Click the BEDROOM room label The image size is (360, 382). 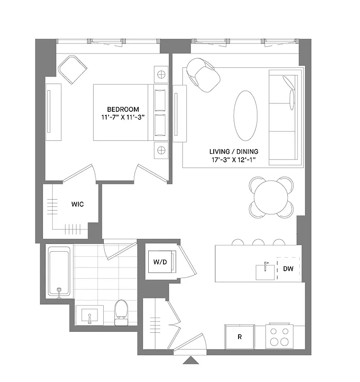tap(123, 108)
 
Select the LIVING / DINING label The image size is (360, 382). tap(233, 151)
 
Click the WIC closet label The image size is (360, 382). tap(77, 204)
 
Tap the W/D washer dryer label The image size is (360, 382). tap(160, 262)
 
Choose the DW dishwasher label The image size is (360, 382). tap(288, 269)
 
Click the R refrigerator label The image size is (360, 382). tap(240, 337)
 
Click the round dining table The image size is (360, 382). tap(271, 197)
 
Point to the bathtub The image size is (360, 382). tap(59, 271)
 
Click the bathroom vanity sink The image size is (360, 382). tap(89, 316)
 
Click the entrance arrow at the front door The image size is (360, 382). tap(190, 360)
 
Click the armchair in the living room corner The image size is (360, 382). tap(204, 75)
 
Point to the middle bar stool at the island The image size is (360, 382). tap(259, 243)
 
